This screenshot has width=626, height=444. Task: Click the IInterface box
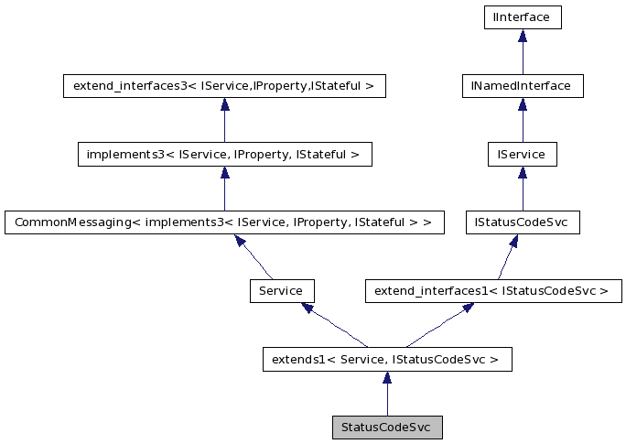(x=522, y=16)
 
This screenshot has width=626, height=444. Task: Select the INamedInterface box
(x=522, y=86)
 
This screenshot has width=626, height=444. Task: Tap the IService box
(x=522, y=155)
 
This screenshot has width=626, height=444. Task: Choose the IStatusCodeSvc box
(x=522, y=222)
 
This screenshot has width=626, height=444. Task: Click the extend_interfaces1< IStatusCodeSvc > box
(x=492, y=291)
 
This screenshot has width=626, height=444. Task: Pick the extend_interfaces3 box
(x=224, y=86)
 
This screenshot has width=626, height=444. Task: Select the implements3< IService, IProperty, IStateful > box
(x=224, y=155)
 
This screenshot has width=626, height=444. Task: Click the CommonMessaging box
(x=224, y=222)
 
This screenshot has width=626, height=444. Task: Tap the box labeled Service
(x=282, y=291)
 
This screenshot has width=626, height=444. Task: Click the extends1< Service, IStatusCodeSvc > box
(x=386, y=360)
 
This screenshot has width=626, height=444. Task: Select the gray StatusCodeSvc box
(x=386, y=428)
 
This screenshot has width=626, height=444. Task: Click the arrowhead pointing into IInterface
(x=522, y=36)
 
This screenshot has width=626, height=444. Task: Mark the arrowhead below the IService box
(x=522, y=173)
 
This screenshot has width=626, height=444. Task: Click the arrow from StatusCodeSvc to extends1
(x=386, y=394)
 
